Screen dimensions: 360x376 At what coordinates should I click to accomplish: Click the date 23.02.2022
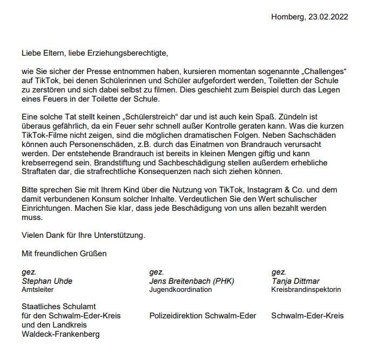pyautogui.click(x=328, y=17)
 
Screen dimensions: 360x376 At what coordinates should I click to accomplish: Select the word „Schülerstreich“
pyautogui.click(x=131, y=115)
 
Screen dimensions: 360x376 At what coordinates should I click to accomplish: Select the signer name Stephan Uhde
pyautogui.click(x=47, y=281)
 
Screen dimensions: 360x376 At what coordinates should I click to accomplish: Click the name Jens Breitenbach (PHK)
pyautogui.click(x=192, y=281)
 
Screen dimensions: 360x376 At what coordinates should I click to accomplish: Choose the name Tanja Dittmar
pyautogui.click(x=296, y=281)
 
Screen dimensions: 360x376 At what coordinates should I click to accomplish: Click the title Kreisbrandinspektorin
pyautogui.click(x=306, y=290)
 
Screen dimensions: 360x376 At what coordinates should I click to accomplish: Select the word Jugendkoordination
pyautogui.click(x=180, y=290)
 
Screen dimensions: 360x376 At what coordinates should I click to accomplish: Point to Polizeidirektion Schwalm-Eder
pyautogui.click(x=203, y=316)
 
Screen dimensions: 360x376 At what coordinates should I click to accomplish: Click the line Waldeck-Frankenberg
pyautogui.click(x=61, y=334)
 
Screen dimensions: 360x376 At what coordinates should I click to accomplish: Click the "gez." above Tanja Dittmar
pyautogui.click(x=279, y=272)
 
